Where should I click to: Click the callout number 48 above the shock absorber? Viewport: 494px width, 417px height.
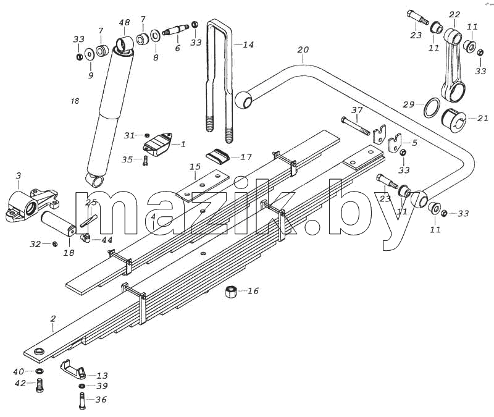(124, 23)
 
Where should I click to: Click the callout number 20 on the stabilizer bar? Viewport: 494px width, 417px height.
(303, 50)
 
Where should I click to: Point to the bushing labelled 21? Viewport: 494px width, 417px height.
(454, 120)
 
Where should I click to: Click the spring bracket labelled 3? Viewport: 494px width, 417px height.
(31, 205)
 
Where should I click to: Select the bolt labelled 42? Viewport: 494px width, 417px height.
(40, 385)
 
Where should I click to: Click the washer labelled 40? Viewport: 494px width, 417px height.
(40, 371)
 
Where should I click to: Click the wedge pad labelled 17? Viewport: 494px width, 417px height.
(218, 155)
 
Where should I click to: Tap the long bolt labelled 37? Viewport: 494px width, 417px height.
(356, 126)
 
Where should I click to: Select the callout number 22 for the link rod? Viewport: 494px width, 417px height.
(454, 14)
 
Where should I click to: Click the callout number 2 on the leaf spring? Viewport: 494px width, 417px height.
(53, 318)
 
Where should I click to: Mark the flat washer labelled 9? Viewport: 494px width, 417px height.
(89, 54)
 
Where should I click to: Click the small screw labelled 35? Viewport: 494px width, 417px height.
(146, 161)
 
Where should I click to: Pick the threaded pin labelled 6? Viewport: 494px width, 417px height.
(176, 30)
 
